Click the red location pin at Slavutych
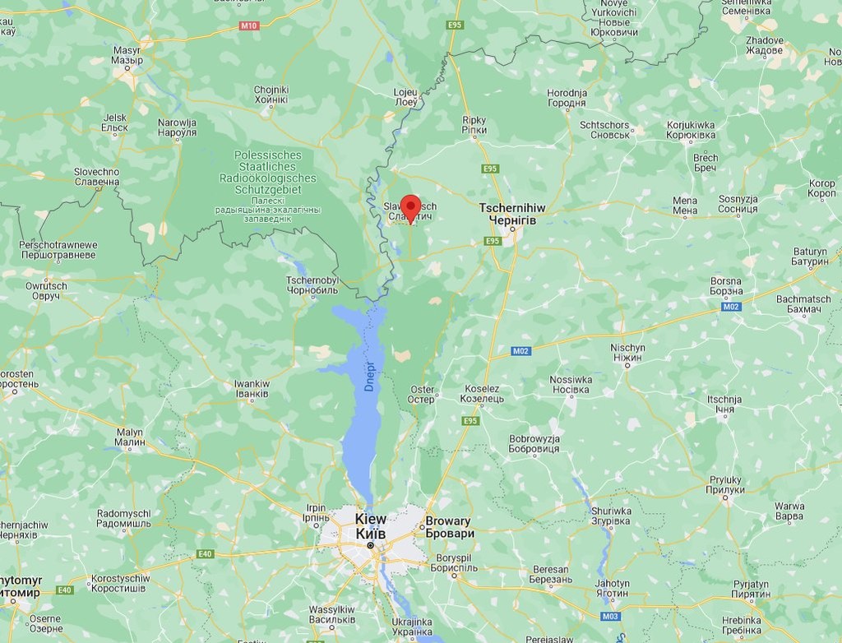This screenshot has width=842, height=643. click(409, 207)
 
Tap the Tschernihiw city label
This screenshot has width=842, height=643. click(512, 215)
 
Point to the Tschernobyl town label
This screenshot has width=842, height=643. click(312, 285)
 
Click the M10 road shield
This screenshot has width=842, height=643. click(249, 25)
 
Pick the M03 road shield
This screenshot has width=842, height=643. click(610, 616)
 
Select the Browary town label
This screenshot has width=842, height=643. click(449, 527)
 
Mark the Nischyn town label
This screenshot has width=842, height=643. click(627, 353)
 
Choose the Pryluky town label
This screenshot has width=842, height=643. click(725, 485)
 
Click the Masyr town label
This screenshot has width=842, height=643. click(127, 55)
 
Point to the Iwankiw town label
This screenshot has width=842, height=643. click(252, 389)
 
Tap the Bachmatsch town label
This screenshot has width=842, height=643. click(803, 304)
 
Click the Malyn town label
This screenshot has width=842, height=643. click(130, 437)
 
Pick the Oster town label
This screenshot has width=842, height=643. click(422, 395)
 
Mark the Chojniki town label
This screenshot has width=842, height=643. click(271, 95)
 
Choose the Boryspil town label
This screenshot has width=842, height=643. click(453, 562)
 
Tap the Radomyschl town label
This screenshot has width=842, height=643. click(123, 519)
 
